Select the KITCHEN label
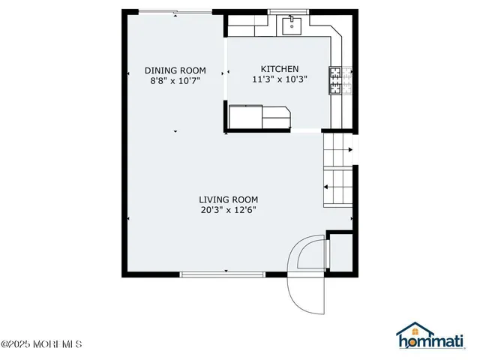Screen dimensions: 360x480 [280, 68]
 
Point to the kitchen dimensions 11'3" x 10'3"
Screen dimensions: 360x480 [280, 79]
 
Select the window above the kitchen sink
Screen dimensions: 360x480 [291, 12]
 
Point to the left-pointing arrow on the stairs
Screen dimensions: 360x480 [327, 187]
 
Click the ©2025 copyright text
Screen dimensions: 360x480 [41, 345]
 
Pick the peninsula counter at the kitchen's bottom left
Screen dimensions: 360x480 [259, 118]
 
